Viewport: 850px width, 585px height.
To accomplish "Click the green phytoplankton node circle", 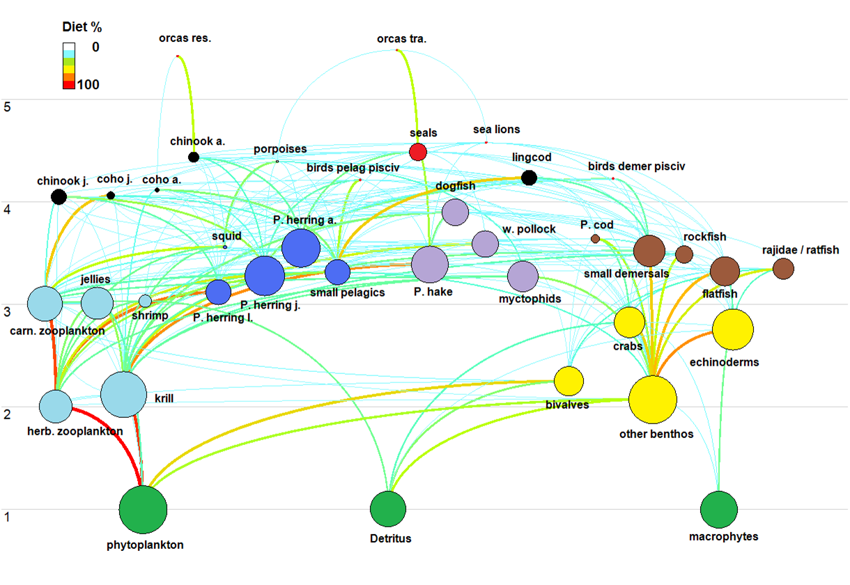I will coord(143,510).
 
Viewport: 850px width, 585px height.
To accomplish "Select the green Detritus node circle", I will coord(387,508).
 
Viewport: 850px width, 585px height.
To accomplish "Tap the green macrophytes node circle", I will coord(718,509).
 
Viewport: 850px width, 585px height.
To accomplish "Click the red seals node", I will coord(417,152).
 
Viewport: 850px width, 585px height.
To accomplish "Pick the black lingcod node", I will coord(529,178).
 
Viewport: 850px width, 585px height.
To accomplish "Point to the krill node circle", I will coord(123,394).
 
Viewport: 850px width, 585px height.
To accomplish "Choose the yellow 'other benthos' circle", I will coord(653,400).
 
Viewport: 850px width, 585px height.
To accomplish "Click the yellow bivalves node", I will coord(569,380).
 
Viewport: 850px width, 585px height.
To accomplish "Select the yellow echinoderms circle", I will coord(733,329).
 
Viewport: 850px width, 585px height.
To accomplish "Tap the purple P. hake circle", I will coord(429,265).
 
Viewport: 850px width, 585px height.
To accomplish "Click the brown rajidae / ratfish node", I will coord(783,268).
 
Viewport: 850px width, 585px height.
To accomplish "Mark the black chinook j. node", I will coord(59,196).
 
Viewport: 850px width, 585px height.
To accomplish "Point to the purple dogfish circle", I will coord(455,212).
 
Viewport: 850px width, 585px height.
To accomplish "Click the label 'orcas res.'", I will coord(185,38).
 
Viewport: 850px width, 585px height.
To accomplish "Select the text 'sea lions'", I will coord(496,130).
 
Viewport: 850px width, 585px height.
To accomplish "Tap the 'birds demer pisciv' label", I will coord(636,166).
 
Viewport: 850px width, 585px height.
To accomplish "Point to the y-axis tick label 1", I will coord(9,517).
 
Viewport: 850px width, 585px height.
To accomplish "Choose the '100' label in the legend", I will coord(88,85).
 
